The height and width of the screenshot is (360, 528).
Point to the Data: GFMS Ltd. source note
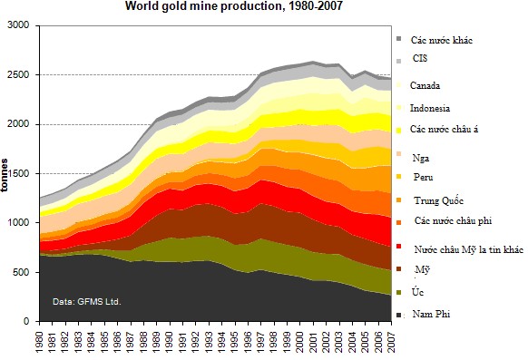pos(86,301)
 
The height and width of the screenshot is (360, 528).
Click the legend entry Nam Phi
pos(431,314)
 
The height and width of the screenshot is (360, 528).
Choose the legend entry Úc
pos(418,292)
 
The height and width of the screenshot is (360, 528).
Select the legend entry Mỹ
pos(421,269)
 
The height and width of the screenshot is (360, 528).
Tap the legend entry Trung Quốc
pos(439,199)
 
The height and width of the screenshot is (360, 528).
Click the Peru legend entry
pos(422,177)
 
